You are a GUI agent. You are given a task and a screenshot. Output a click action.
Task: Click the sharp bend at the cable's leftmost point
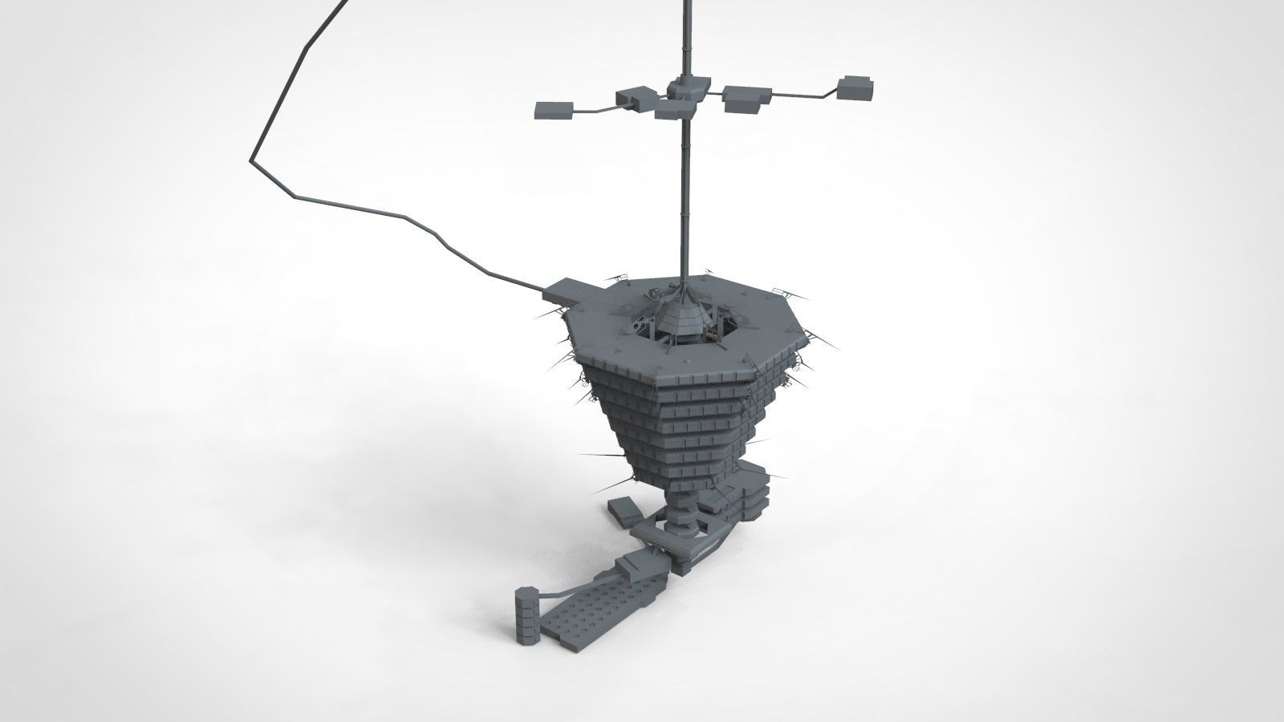coord(250,160)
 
